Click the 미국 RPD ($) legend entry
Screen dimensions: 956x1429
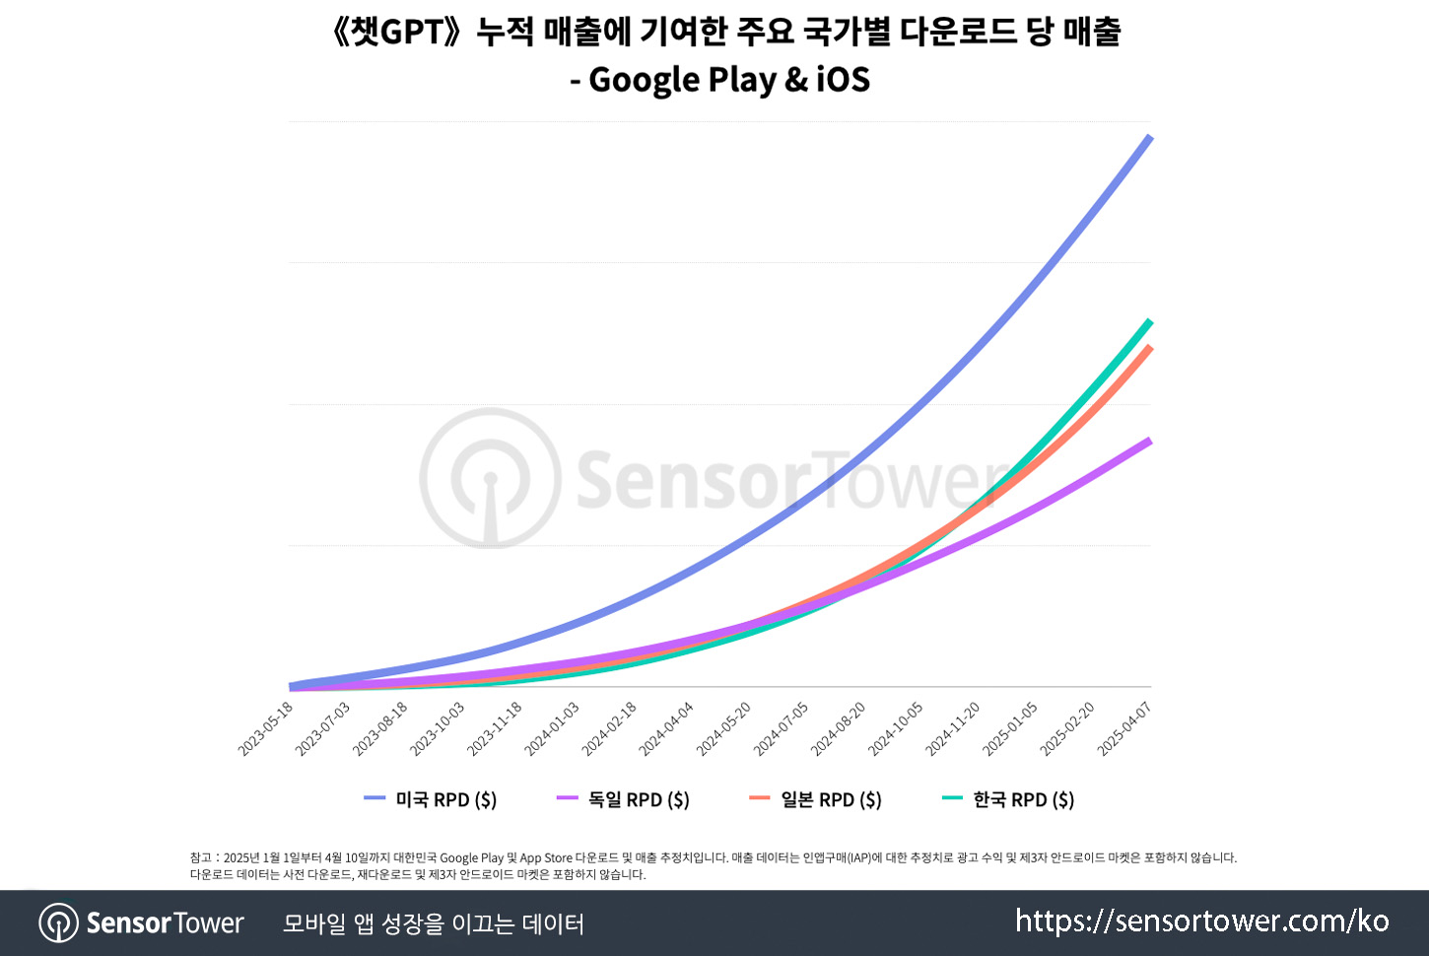coord(431,799)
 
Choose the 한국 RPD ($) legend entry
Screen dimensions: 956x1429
coord(1008,799)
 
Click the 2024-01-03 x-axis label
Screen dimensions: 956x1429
coord(553,729)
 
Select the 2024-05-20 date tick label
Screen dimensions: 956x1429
coord(724,729)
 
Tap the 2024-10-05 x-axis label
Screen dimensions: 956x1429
coord(896,729)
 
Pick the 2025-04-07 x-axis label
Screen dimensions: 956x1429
coord(1125,729)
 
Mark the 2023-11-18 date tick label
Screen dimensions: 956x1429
coord(496,729)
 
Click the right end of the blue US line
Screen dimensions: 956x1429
coord(1149,138)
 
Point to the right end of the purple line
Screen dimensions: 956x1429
coord(1149,441)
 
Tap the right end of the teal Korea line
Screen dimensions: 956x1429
coord(1149,321)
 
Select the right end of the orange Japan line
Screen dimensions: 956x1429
coord(1149,348)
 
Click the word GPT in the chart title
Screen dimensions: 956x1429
coord(412,32)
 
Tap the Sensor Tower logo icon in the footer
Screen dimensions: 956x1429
coord(59,923)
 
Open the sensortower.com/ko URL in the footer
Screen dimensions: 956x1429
coord(1202,922)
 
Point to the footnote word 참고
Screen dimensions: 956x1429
coord(201,858)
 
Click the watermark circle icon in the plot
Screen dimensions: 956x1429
coord(490,478)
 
